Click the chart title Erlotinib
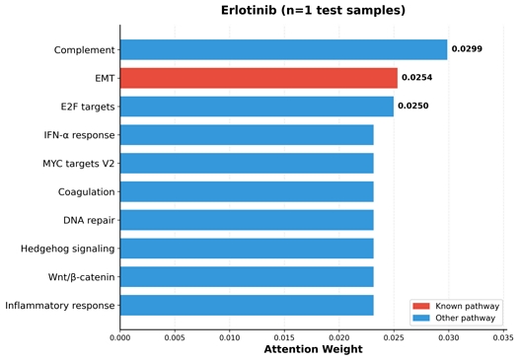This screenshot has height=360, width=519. [313, 11]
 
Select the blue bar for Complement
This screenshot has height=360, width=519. [283, 49]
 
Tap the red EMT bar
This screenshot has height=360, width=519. [259, 78]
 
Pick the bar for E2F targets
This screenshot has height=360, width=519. [257, 107]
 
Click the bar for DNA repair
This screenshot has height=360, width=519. [247, 220]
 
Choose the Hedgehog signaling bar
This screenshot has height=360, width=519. [247, 249]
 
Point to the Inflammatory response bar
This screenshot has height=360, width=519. [247, 305]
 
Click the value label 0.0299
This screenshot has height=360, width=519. [467, 49]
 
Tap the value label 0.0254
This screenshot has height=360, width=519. [416, 78]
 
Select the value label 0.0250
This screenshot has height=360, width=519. [412, 107]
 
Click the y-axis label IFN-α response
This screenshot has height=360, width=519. [79, 135]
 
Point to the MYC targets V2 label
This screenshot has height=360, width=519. [78, 164]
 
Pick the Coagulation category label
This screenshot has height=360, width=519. [86, 192]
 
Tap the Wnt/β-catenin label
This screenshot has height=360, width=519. [81, 277]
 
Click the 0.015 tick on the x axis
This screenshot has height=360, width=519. [284, 337]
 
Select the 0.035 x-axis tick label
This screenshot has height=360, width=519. [503, 337]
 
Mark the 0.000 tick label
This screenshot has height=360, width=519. [120, 337]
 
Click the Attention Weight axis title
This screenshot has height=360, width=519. [312, 350]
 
